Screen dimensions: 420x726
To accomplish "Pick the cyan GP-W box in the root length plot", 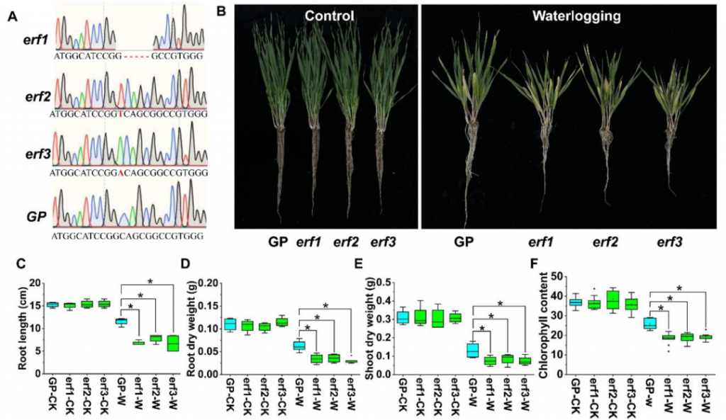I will [x=121, y=321].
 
